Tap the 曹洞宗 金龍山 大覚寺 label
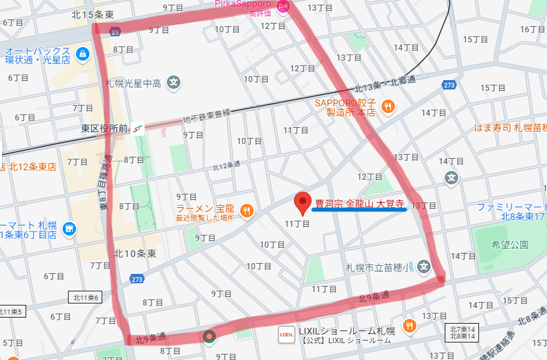pos(359,203)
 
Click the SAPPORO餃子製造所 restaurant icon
pos(388,106)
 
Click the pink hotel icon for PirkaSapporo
pos(283,6)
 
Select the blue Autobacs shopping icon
pos(82,53)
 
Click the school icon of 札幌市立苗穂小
pos(423,267)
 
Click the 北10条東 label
pos(135,254)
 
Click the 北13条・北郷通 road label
pos(385,85)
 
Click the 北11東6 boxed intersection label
pos(85,297)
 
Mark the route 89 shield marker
pos(116,32)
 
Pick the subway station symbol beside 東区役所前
pos(138,128)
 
